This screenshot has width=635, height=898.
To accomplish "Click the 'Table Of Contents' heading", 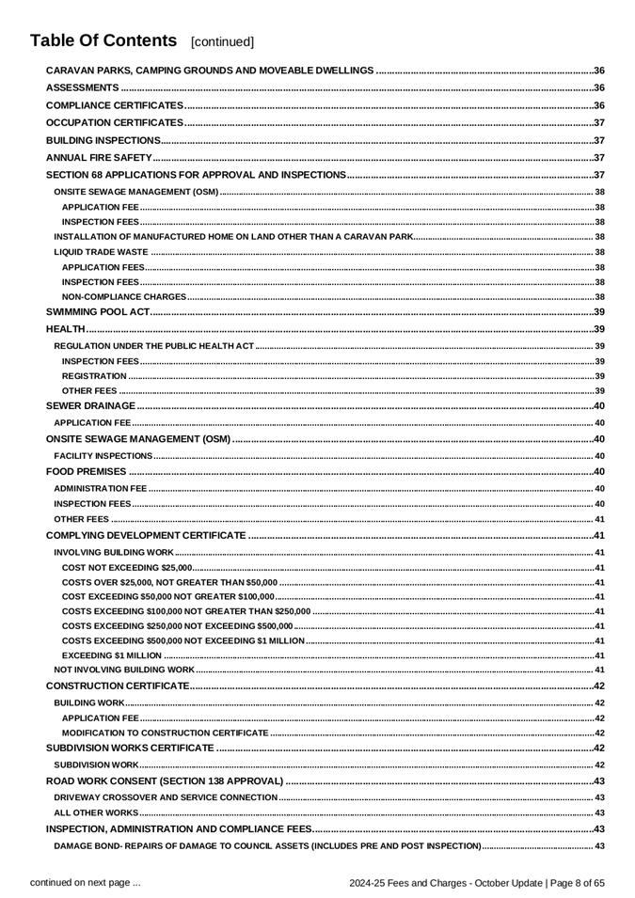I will pos(103,40).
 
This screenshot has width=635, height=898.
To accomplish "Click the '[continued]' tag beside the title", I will pos(222,42).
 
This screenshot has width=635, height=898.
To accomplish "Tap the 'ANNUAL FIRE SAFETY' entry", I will pos(99,157).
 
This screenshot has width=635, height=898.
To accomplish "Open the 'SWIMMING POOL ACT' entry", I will pos(98,311).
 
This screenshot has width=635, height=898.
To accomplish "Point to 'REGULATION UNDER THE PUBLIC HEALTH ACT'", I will pos(154,346).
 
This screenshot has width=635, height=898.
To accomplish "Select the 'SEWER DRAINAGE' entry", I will pos(90,405).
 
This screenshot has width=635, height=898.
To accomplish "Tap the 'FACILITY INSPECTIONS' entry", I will pos(103,456).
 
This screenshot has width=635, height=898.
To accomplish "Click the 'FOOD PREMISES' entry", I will pos(86,471).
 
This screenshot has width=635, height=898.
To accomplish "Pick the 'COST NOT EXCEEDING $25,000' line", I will pos(127,568).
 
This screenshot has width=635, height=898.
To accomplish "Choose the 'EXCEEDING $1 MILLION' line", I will pos(111,655).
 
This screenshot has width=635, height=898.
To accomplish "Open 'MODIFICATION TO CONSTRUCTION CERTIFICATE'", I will pos(165,733).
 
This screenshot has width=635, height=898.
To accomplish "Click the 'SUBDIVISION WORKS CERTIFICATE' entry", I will pos(130,748).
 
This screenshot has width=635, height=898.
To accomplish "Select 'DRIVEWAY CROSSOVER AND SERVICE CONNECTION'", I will pos(166,797).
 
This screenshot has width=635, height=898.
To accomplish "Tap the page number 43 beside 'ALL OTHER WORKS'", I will pos(599,812).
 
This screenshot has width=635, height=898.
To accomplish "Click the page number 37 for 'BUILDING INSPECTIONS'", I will pos(598,140).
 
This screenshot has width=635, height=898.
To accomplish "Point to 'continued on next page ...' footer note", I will pos(86,882).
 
